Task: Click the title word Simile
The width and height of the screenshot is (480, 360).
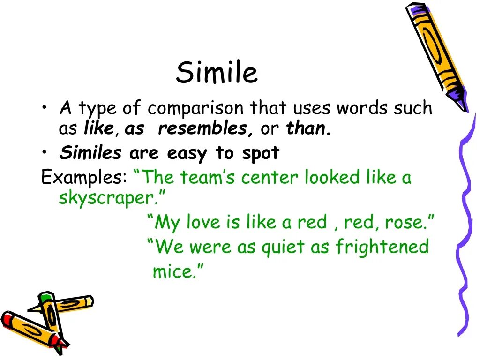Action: (x=217, y=73)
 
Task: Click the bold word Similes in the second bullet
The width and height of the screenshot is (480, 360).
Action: (x=90, y=153)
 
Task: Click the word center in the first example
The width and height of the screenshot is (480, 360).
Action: (x=270, y=178)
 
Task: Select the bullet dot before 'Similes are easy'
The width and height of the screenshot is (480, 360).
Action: (x=44, y=153)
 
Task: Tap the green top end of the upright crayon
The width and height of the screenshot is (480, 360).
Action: (x=45, y=297)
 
